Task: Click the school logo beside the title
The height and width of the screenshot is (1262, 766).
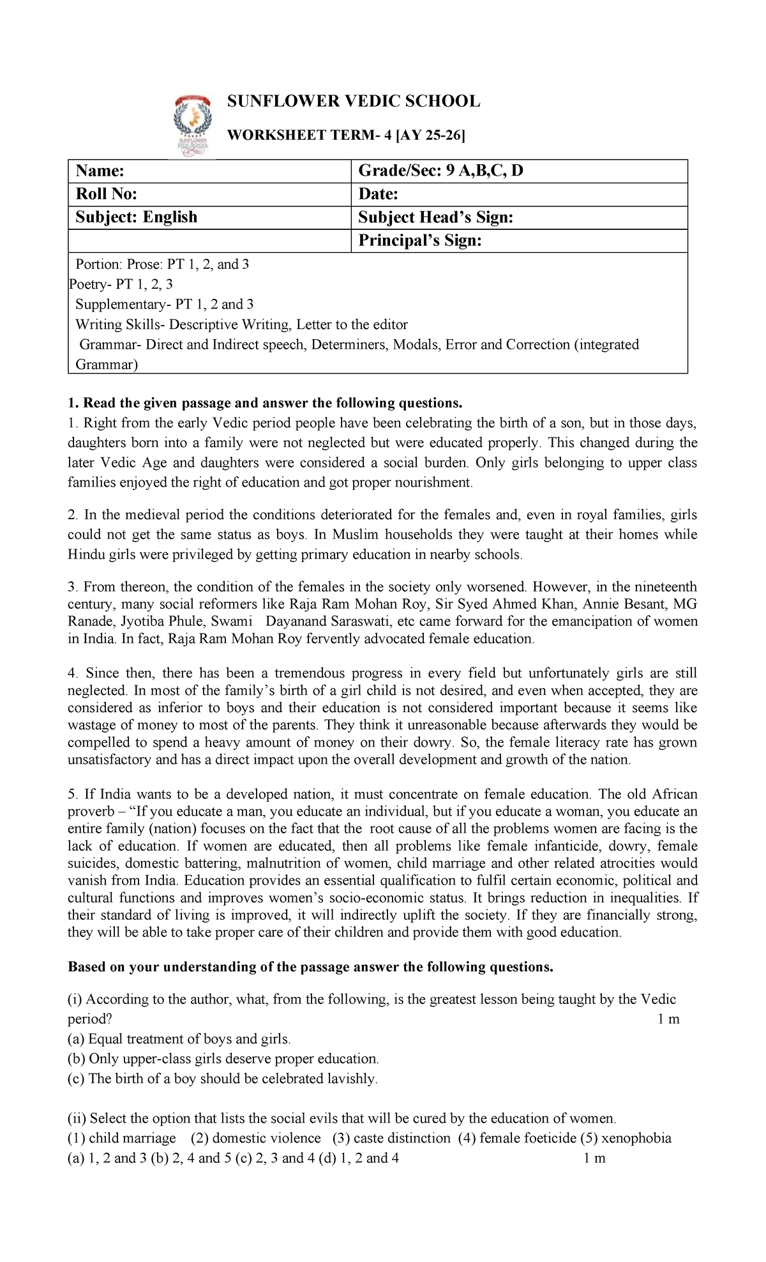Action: [x=193, y=125]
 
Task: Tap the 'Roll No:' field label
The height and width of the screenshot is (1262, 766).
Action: [x=106, y=194]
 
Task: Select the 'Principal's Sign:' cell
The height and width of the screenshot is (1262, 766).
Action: [x=419, y=240]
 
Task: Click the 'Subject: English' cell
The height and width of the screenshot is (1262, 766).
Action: [x=136, y=217]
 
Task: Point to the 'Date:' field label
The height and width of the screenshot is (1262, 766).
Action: [x=378, y=194]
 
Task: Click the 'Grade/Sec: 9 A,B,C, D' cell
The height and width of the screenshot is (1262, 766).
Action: [x=440, y=171]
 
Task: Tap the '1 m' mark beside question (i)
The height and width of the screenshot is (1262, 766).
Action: [x=668, y=1019]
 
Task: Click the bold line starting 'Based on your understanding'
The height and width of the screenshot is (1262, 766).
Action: [x=310, y=967]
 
